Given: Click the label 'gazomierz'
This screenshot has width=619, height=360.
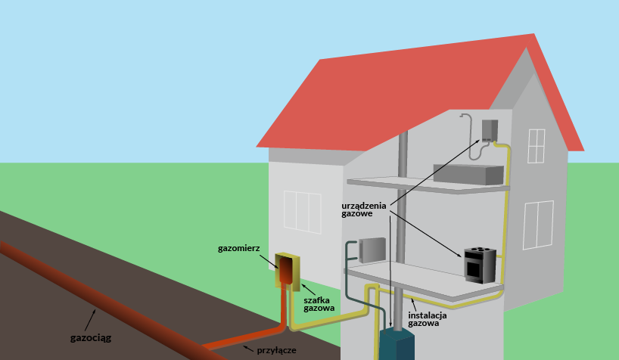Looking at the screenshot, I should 240,247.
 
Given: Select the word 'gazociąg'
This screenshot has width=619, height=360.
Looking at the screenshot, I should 90,337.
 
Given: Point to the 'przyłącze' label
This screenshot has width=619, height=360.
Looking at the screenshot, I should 275,350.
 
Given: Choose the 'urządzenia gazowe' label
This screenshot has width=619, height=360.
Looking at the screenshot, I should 363,209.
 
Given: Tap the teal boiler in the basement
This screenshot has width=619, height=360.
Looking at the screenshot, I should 397,345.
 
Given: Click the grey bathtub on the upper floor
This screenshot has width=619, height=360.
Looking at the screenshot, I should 468,175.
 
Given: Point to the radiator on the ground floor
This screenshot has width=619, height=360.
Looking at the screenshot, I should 373,250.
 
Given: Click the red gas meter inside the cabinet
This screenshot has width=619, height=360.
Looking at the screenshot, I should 287,270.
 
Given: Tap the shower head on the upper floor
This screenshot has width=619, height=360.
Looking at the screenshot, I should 464,116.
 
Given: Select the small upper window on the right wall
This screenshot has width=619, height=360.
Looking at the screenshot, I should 537,145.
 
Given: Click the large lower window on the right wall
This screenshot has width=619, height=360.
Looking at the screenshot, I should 538,225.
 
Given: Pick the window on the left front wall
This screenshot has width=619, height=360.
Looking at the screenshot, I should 302,211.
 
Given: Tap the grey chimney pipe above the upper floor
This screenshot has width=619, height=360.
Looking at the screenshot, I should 403,155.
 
